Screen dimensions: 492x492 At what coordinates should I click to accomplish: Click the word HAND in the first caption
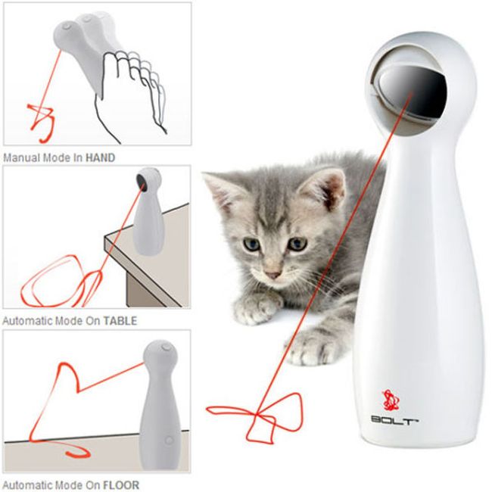coord(101,157)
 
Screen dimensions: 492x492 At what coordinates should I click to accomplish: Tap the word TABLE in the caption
coord(120,321)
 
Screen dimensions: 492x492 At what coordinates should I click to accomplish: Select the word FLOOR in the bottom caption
coord(121,485)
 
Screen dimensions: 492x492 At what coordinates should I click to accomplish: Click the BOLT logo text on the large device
coord(394,420)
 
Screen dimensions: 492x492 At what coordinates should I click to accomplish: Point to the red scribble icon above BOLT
coord(390,400)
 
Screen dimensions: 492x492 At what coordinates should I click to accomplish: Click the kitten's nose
coord(272,275)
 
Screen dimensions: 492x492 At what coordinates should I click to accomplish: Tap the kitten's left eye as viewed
coord(251,244)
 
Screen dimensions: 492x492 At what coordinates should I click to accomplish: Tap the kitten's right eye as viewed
coord(297,244)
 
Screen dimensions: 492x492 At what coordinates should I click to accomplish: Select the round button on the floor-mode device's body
coord(169,441)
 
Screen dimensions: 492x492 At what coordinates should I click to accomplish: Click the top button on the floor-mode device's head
coord(166,347)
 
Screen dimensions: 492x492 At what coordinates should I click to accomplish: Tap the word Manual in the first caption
coord(21,157)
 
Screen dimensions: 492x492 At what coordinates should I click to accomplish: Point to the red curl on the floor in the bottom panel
coord(77,452)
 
